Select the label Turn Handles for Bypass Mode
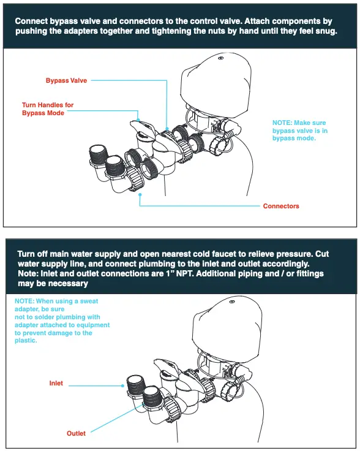pyautogui.click(x=47, y=109)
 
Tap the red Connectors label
pyautogui.click(x=281, y=206)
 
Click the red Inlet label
pyautogui.click(x=56, y=384)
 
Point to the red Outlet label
pyautogui.click(x=76, y=433)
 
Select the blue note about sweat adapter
pyautogui.click(x=62, y=321)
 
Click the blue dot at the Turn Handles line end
pyautogui.click(x=139, y=120)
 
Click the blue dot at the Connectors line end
pyautogui.click(x=140, y=194)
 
